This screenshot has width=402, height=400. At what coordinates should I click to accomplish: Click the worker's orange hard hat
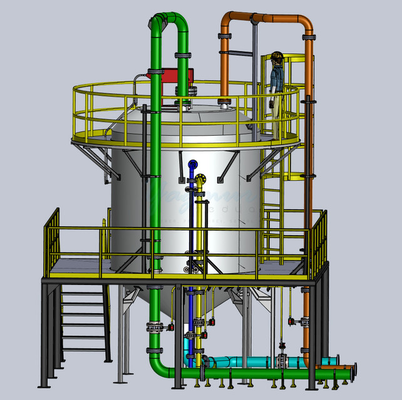[276, 57]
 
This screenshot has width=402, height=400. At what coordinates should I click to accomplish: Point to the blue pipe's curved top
[192, 165]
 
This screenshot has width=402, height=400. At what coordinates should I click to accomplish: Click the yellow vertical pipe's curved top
[200, 179]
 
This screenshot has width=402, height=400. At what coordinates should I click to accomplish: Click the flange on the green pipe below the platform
[152, 326]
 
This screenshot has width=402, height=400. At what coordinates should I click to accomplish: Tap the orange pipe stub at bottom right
[329, 362]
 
